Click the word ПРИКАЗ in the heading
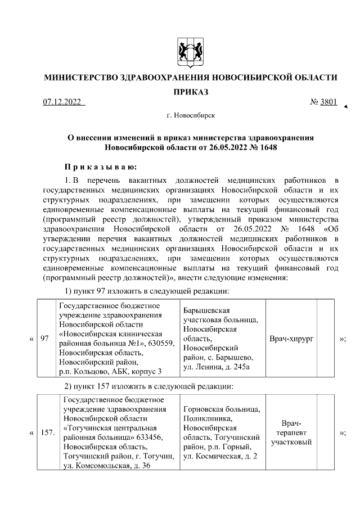click(191, 91)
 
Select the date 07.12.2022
click(62, 102)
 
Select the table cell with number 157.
click(48, 433)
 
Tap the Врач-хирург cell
click(292, 338)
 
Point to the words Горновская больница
click(222, 407)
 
